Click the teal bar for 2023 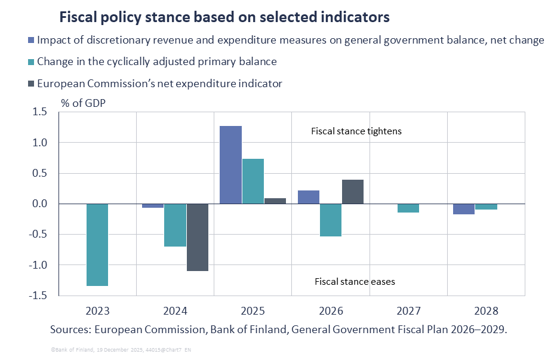point(97,245)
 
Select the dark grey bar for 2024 point(198,237)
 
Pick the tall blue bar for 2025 point(230,165)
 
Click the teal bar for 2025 point(253,181)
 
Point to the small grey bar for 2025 point(275,201)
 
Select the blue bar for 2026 point(308,197)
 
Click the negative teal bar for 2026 point(330,220)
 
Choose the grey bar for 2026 point(353,192)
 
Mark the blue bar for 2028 point(463,209)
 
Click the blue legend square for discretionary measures point(31,41)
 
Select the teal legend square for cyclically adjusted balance point(31,62)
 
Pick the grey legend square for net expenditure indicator point(31,84)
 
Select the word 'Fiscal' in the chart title point(78,17)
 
